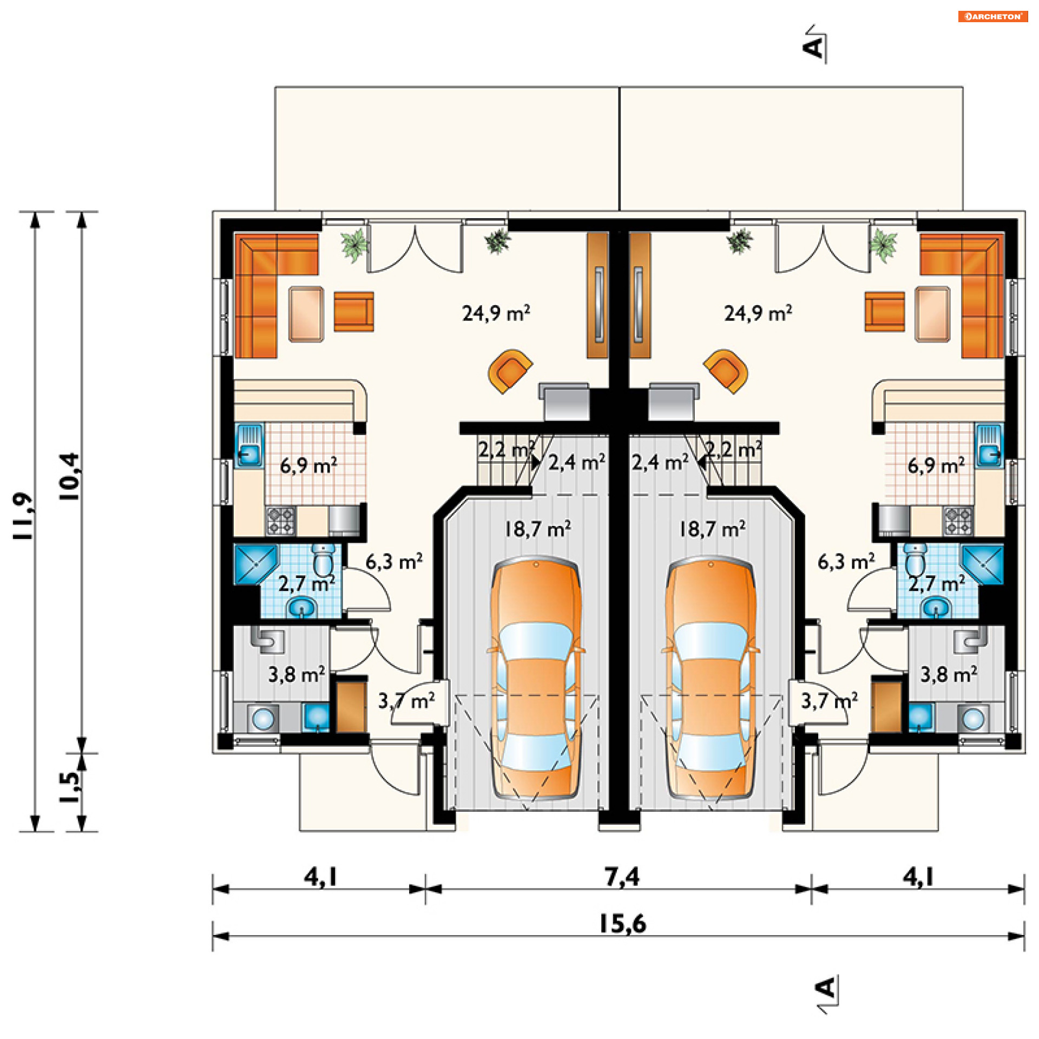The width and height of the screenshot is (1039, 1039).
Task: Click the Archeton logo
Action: (x=992, y=16)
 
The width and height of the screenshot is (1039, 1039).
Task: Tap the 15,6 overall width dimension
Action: (x=622, y=924)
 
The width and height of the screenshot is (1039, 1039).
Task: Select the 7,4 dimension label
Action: (x=622, y=877)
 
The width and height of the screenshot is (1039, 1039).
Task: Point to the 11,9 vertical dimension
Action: (x=24, y=515)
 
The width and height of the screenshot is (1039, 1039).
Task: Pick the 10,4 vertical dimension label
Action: (x=70, y=476)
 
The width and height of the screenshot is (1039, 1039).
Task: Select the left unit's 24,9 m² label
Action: (x=496, y=313)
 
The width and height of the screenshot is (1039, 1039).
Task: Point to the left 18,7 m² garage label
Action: (x=537, y=529)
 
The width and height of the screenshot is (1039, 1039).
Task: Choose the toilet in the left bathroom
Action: (x=324, y=559)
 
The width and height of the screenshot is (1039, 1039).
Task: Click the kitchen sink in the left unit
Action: (x=249, y=445)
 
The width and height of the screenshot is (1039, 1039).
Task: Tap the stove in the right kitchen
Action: (x=958, y=521)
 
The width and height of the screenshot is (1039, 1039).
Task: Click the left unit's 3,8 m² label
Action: (x=297, y=674)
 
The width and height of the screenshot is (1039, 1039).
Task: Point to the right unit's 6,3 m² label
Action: (x=846, y=562)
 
